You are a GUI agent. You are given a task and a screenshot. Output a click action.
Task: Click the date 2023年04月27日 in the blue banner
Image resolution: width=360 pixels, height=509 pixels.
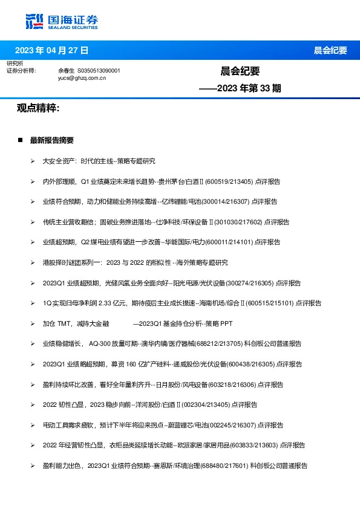coord(51,50)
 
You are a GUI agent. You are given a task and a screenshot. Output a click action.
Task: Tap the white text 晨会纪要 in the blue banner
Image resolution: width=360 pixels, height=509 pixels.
coord(330,50)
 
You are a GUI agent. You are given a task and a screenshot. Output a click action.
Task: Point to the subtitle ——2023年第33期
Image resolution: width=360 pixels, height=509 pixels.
coord(240,88)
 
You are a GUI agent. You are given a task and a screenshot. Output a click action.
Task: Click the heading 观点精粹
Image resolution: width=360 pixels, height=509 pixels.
coord(38,108)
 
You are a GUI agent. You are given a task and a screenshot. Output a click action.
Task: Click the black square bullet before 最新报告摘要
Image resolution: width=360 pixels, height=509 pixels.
coord(21,140)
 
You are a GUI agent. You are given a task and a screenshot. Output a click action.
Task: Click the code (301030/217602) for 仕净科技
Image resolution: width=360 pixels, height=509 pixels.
coord(233,222)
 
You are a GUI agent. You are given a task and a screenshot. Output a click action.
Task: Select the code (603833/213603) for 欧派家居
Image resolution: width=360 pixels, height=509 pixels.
coord(253,446)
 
